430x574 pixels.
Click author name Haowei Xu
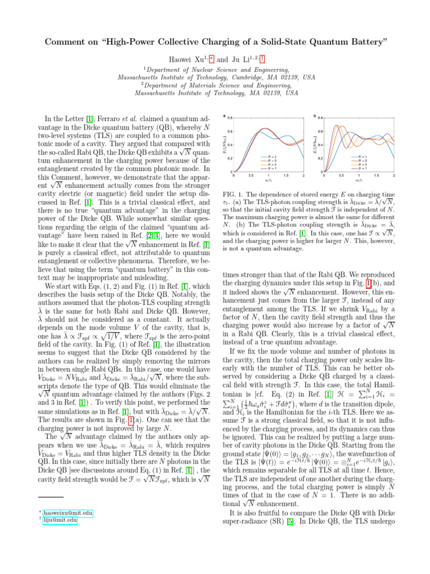[185, 58]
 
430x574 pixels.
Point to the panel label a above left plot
[225, 117]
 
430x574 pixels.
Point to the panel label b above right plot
[315, 117]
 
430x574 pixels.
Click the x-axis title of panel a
[268, 181]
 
